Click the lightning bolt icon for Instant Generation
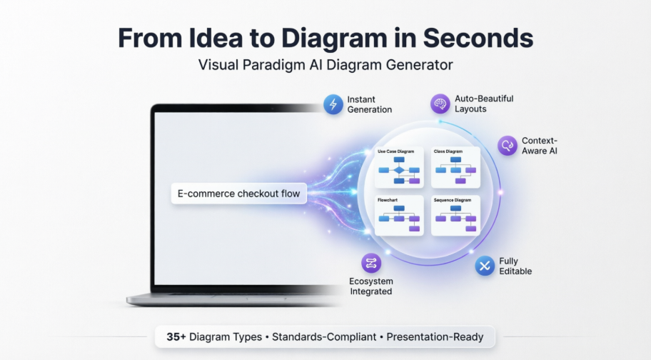click(333, 104)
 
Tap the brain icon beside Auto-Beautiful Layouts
click(440, 104)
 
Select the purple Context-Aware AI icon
click(508, 146)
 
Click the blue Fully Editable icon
click(485, 266)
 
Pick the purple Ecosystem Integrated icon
click(371, 264)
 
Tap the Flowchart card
click(399, 215)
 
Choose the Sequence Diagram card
click(456, 215)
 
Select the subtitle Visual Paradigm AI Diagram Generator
click(325, 65)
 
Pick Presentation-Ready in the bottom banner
click(435, 336)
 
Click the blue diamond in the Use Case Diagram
click(399, 171)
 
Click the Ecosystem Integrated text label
click(371, 286)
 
